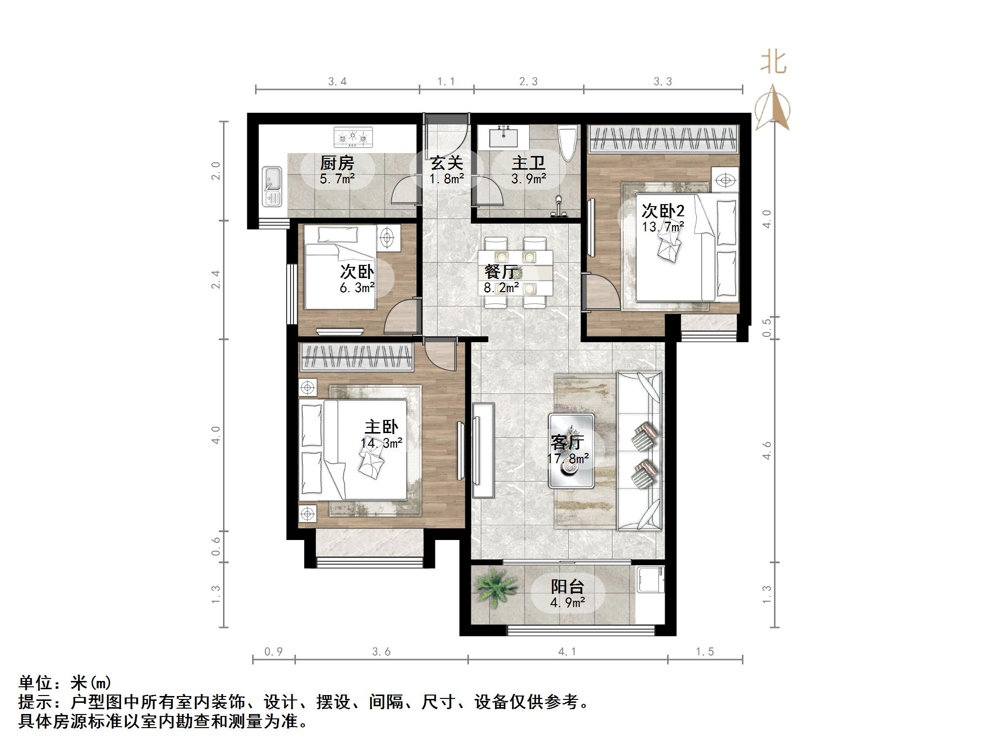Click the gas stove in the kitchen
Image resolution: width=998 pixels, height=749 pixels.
pos(353,137)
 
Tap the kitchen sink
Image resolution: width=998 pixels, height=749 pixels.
pos(272,186)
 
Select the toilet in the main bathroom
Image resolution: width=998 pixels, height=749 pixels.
pos(567,143)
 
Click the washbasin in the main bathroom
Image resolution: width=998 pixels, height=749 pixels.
pos(502,137)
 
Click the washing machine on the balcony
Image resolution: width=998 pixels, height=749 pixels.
pos(650,579)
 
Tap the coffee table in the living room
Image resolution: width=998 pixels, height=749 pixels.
pos(571,451)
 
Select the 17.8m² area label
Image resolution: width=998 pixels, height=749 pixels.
pos(568,458)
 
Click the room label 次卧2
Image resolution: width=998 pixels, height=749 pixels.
pos(663,211)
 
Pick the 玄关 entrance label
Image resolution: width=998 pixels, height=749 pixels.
pos(446,164)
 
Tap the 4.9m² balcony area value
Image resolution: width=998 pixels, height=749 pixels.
pos(567,603)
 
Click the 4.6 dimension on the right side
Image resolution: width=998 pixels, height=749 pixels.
pos(767,451)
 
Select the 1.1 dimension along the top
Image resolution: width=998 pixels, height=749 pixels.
pos(446,82)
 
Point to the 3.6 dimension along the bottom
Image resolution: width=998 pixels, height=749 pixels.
pos(381,652)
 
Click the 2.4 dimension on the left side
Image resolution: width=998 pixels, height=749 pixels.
pos(216,279)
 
